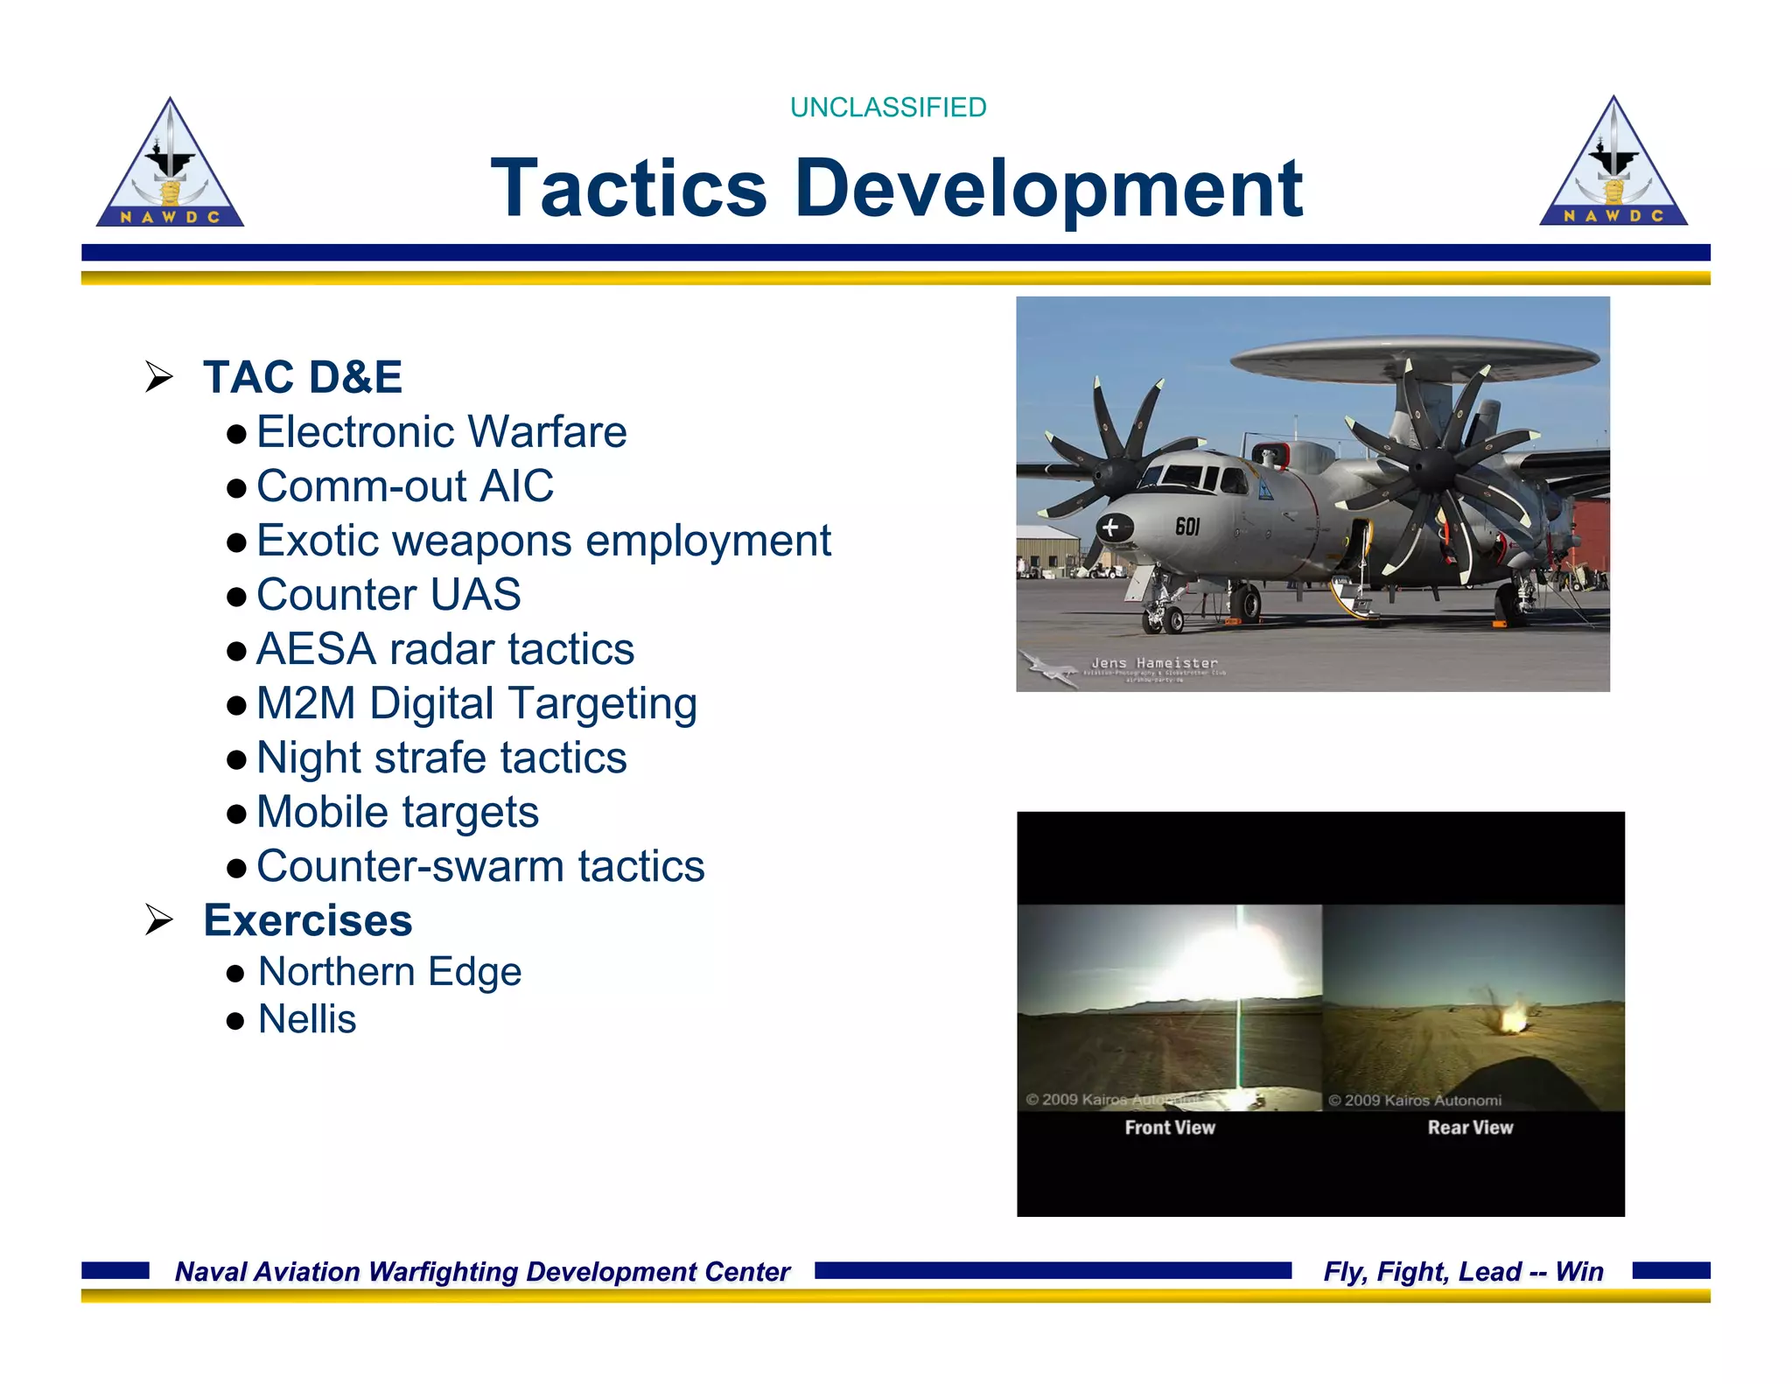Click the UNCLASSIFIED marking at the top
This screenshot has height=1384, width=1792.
point(887,108)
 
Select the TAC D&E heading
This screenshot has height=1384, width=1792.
point(302,377)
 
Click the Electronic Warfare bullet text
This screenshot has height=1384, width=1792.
point(441,432)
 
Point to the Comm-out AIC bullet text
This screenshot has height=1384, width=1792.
point(404,486)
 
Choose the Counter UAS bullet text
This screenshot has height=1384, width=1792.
point(388,595)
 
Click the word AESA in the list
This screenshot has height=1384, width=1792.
point(316,649)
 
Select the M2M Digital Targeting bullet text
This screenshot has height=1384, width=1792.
point(476,704)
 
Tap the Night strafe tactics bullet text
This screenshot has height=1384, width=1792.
point(441,758)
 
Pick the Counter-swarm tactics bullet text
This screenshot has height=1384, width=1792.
point(479,866)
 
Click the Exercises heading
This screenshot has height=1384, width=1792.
point(307,920)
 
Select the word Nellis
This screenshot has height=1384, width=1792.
point(307,1019)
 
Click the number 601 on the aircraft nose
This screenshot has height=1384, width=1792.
point(1187,527)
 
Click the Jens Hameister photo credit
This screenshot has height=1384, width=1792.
point(1154,663)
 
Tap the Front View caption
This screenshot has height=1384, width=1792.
point(1169,1128)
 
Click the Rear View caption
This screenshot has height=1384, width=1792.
point(1470,1128)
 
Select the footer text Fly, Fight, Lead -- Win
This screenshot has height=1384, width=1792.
point(1463,1271)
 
